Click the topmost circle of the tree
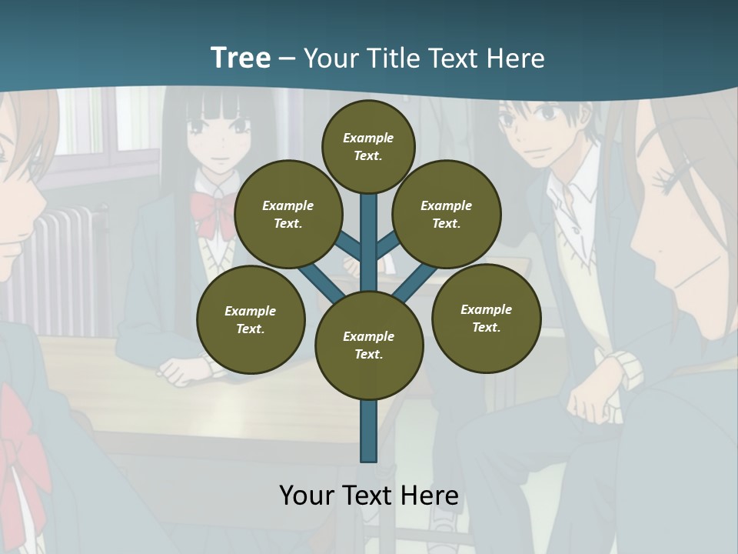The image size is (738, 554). [368, 146]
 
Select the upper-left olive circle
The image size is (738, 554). [288, 214]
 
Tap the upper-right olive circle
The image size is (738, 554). [447, 214]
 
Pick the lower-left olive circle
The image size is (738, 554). [251, 319]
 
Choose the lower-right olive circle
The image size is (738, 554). [486, 318]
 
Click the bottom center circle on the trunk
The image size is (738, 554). [369, 345]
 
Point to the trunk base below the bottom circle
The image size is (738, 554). [369, 431]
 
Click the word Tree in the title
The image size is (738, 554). [241, 58]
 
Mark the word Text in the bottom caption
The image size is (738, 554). [367, 495]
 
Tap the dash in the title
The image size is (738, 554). [287, 58]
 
